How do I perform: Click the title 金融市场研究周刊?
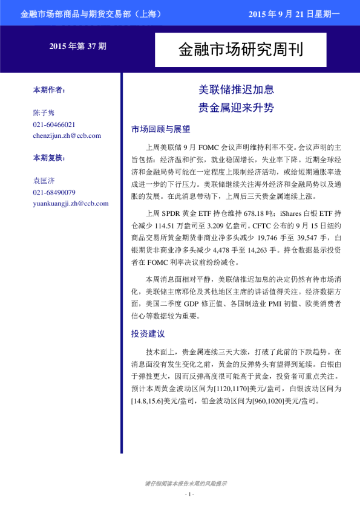240,50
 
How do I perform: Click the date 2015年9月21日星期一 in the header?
295,13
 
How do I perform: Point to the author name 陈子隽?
44,113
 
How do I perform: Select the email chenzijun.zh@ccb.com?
67,135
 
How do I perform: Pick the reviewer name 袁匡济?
44,181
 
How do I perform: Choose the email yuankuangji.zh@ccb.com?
70,203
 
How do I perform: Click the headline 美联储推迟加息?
237,90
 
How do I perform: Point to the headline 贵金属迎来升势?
237,108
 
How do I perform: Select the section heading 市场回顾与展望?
160,129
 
